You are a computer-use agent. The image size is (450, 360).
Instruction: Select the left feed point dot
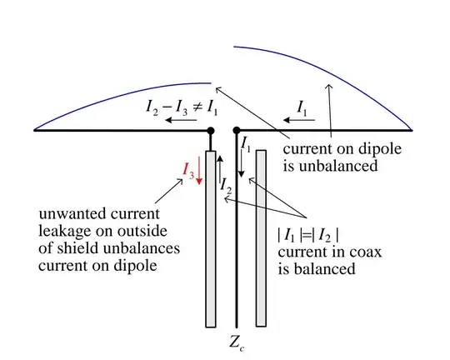(210, 130)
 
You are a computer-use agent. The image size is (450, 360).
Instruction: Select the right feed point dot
(237, 130)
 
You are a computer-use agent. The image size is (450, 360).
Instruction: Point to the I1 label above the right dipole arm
(306, 106)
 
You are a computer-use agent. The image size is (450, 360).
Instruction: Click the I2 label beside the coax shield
(226, 185)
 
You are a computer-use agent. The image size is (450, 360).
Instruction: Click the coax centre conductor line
(237, 250)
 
